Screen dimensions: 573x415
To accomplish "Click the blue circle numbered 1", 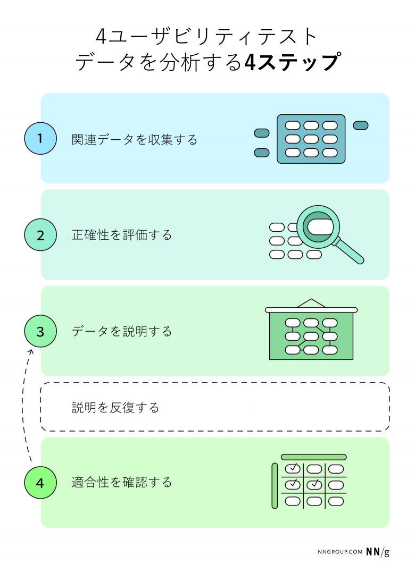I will (40, 138).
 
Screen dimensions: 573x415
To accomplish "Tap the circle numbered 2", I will (40, 234).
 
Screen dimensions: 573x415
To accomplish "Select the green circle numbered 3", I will (40, 331).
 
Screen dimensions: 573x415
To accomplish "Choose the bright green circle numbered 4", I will (40, 483).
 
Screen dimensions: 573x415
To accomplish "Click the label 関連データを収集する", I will (135, 139).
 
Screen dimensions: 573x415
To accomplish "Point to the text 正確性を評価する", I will (122, 235).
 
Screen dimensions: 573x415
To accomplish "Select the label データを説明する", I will (122, 332).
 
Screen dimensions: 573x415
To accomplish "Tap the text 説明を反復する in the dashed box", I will (115, 408).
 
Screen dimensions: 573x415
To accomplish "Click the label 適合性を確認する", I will (122, 483).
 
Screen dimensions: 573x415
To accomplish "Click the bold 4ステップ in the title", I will (291, 62).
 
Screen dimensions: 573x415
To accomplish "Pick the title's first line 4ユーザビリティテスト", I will (207, 37).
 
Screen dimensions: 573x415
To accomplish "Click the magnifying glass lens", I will (318, 226).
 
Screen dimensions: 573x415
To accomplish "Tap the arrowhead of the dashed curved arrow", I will (30, 351).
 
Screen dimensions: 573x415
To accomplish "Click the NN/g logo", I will (377, 552).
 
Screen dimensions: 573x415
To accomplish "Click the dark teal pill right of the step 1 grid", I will (361, 125).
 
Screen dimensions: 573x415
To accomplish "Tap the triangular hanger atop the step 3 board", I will (311, 303).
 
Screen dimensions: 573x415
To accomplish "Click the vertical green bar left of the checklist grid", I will (275, 485).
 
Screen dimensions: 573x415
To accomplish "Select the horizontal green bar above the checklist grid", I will (313, 457).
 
